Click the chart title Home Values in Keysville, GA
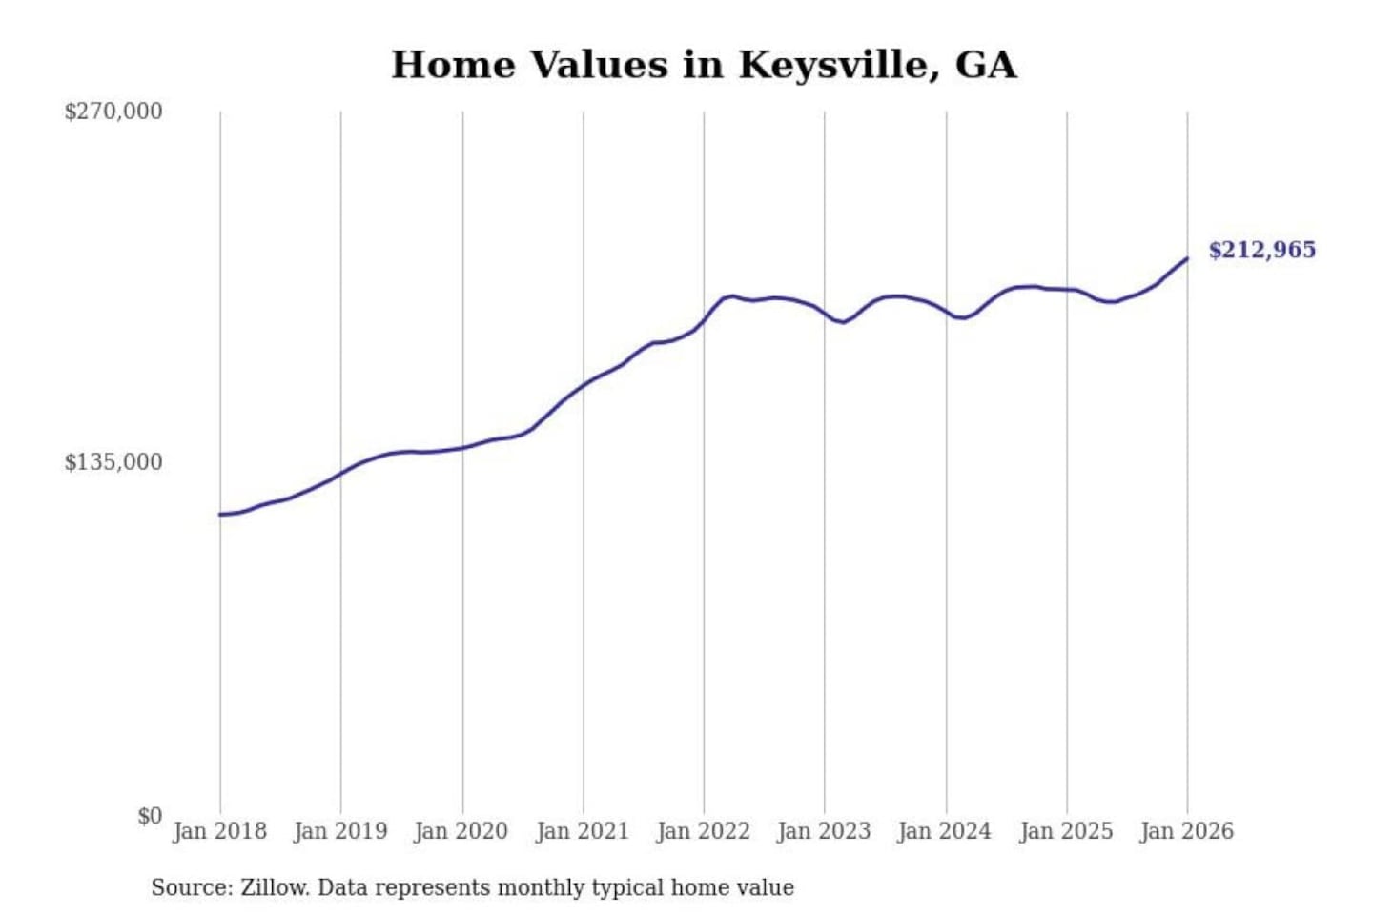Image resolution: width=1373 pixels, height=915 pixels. [x=704, y=65]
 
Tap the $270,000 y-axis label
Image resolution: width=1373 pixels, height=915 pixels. [x=113, y=112]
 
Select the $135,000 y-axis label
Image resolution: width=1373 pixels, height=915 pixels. [x=113, y=462]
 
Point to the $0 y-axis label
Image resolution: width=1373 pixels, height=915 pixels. [x=150, y=816]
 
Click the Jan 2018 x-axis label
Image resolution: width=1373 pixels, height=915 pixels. [x=220, y=831]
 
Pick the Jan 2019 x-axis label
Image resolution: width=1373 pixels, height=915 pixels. [x=340, y=831]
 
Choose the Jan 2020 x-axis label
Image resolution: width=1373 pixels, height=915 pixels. [x=461, y=831]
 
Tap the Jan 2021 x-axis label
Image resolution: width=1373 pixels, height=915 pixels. [x=583, y=831]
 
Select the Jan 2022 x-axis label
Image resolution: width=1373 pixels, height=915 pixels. [x=704, y=831]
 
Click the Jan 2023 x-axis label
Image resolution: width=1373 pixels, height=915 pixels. [x=824, y=831]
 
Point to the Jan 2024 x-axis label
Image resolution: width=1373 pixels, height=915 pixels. [x=945, y=831]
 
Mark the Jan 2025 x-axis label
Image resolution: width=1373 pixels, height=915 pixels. [x=1066, y=831]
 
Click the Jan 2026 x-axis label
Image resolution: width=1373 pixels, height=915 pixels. [x=1187, y=831]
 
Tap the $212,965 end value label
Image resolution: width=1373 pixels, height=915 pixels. [x=1261, y=250]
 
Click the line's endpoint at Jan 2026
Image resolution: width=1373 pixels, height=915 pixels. [x=1187, y=258]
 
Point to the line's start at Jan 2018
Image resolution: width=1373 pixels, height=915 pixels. [x=220, y=515]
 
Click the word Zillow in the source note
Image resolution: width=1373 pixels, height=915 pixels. [x=274, y=888]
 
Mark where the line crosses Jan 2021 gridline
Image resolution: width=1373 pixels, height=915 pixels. [x=584, y=385]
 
